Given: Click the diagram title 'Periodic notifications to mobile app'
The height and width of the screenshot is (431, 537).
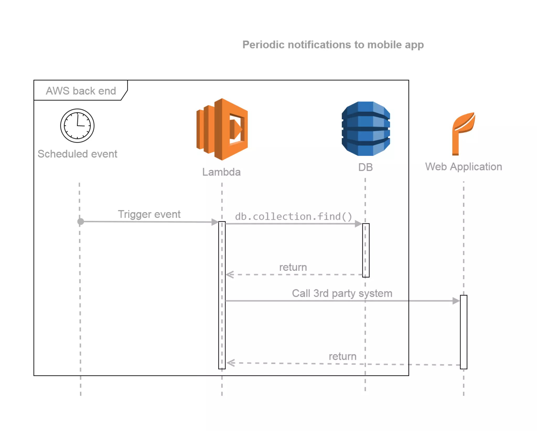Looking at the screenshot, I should [333, 45].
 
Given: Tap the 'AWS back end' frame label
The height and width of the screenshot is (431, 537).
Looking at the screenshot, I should [81, 91].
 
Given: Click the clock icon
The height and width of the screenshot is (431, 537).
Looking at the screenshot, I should [77, 125].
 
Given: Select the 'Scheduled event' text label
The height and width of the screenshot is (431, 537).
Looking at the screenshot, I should [77, 154].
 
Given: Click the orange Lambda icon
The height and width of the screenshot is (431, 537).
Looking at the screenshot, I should [222, 129].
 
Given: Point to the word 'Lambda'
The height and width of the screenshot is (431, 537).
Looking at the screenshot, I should [221, 172].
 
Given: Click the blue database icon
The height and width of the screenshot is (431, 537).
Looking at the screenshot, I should [366, 129].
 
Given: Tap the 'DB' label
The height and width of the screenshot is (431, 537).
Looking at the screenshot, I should [365, 167].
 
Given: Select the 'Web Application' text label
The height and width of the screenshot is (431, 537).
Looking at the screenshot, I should [463, 167].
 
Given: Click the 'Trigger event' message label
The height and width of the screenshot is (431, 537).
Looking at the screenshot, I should [149, 214].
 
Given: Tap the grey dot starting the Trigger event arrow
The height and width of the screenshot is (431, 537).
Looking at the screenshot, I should [81, 222].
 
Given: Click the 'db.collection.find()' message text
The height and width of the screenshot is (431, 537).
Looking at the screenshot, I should [293, 217].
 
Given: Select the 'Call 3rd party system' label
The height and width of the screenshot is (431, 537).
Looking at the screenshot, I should [342, 293].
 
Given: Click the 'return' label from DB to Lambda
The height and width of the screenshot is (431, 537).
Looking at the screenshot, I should [293, 267].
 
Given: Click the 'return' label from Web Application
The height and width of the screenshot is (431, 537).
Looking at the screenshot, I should [342, 356].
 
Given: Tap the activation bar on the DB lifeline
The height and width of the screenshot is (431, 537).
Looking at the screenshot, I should [366, 250].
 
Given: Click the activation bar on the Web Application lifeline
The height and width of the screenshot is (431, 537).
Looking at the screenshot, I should [463, 332].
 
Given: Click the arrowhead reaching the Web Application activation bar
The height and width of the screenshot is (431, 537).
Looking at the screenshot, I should [456, 301].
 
